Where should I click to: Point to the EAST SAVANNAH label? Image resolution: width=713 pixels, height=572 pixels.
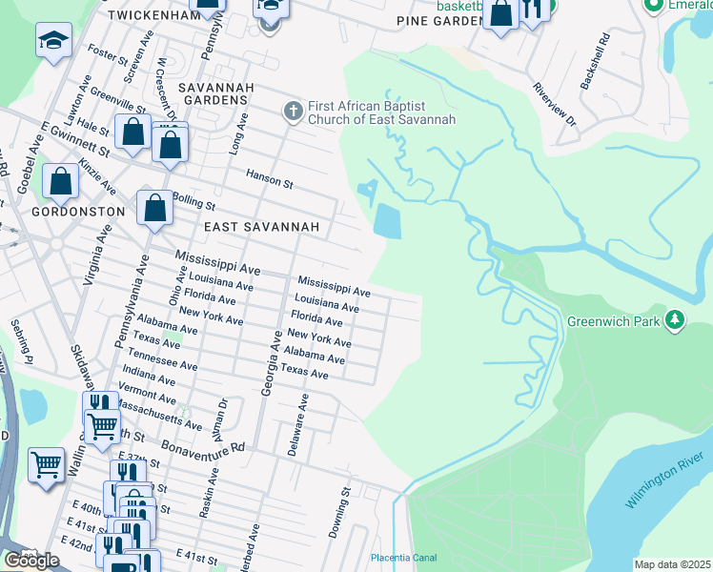tap(260, 228)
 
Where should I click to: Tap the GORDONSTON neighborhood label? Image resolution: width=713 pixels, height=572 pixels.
tap(78, 211)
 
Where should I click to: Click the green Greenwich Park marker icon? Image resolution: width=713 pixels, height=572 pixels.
tap(675, 319)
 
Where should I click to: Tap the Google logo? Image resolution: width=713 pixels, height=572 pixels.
tap(31, 561)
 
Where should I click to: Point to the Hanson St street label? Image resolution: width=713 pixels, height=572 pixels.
tap(270, 175)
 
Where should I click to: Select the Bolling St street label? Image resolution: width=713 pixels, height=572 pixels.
tap(195, 203)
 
